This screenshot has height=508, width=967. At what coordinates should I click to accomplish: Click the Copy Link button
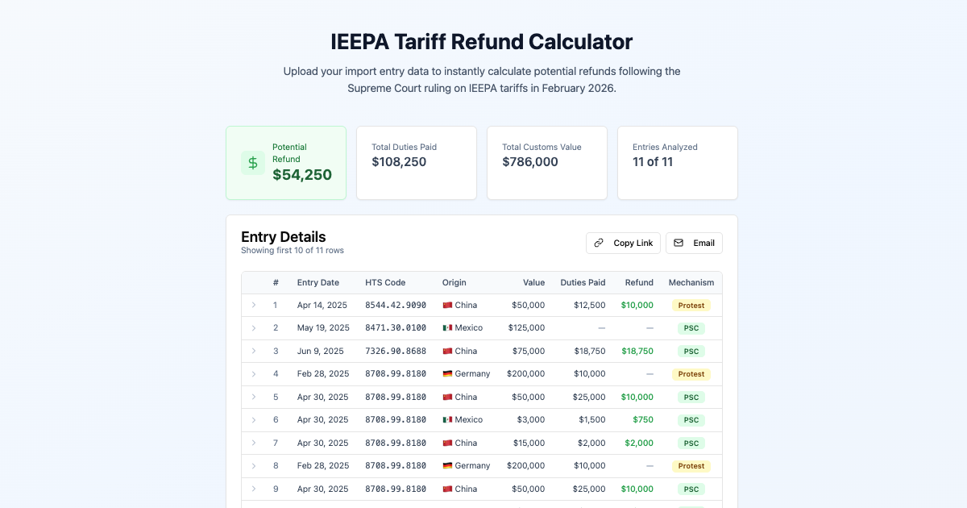pos(623,243)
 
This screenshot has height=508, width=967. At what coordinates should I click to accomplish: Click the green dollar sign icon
pos(253,163)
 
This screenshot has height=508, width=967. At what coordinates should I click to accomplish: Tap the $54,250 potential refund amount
pos(302,175)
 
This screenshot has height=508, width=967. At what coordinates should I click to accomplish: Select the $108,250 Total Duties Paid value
pos(399,162)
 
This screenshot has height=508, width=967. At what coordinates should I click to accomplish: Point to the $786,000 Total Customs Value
pos(530,162)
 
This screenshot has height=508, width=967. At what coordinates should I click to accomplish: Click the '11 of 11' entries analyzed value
pos(653,162)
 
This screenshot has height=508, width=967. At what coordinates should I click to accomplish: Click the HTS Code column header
pos(385,282)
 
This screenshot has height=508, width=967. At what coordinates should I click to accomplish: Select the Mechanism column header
pos(691,282)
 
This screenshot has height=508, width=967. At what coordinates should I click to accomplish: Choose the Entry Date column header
pos(317,282)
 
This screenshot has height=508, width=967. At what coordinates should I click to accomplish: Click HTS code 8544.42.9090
pos(396,306)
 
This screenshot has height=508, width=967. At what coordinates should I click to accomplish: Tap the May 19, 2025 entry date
pos(323,328)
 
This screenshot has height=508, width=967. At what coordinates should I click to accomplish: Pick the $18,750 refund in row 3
pos(637,352)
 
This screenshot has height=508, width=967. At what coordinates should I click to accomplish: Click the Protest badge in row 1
pos(691,306)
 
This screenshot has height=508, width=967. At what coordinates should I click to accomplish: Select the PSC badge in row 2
pos(691,328)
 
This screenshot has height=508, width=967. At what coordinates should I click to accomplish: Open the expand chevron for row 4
pos(254,374)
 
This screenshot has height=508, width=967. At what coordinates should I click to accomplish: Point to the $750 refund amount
pos(642,420)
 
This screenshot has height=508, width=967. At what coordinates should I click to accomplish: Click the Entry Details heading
pos(284,237)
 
